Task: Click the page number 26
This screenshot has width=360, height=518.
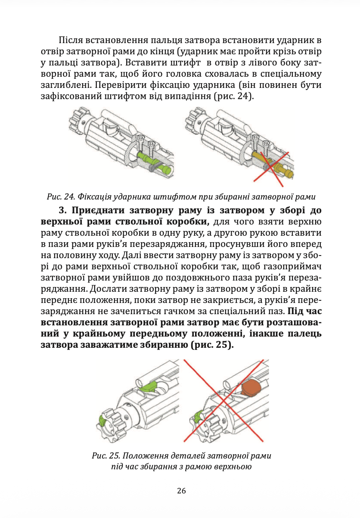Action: (x=181, y=491)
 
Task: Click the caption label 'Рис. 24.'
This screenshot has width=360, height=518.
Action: (x=60, y=197)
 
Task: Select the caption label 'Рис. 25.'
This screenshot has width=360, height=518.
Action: (x=106, y=456)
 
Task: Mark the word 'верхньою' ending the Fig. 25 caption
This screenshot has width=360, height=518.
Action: (x=233, y=466)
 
